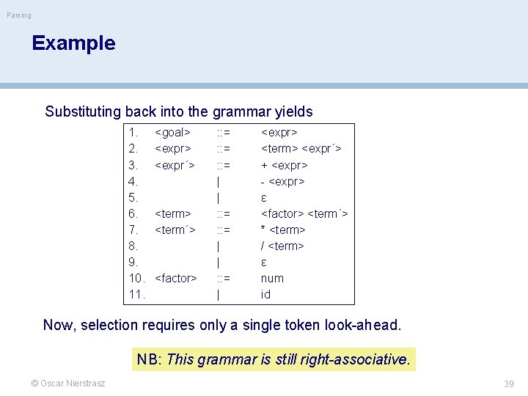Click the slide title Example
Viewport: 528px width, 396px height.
(73, 43)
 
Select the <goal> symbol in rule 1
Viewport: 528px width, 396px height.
(172, 133)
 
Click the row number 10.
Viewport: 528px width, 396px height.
(136, 278)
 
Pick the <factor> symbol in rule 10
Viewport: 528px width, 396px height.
(176, 278)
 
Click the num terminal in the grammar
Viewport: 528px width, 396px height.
(272, 278)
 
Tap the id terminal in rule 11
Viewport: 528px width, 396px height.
(265, 294)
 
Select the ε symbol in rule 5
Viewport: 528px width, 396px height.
(264, 197)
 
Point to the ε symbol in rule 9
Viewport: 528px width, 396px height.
(264, 262)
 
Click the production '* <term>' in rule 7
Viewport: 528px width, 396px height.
(283, 230)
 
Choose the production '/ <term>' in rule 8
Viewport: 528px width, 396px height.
(282, 246)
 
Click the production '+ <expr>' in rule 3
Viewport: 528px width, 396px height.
(284, 165)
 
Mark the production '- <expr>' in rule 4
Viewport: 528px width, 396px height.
(283, 181)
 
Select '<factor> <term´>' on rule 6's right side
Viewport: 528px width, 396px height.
(304, 213)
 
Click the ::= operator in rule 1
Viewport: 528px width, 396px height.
(222, 133)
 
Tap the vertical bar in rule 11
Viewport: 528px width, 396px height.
(219, 294)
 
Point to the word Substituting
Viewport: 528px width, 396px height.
(83, 112)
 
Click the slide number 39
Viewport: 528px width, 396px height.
(509, 384)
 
